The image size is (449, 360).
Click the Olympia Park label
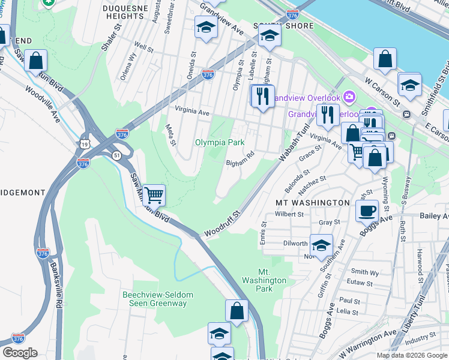coord(220,143)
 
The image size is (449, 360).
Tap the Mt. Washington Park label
coord(264,280)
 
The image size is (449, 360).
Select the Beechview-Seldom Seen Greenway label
coord(154,299)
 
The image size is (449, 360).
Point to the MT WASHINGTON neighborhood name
coord(312,203)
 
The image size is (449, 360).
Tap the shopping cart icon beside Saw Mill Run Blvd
coord(154,195)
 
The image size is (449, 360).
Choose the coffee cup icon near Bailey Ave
coord(367,211)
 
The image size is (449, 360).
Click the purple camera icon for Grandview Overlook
coord(349,97)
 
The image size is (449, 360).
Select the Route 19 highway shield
coord(82,143)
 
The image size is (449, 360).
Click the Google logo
coord(20,353)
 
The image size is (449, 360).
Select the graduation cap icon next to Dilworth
coord(322,245)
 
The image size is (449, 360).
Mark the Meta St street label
coord(172,136)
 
